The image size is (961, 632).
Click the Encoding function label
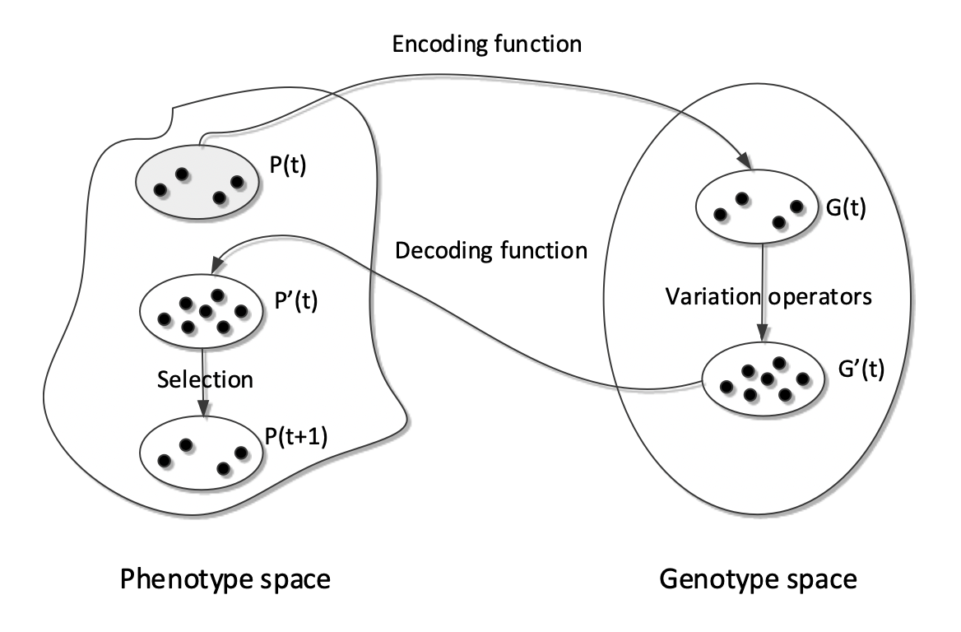[486, 44]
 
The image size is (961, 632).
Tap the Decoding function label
[492, 250]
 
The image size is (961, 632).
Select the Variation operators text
[768, 296]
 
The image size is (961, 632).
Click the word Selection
[204, 379]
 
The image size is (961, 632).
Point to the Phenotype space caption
[225, 580]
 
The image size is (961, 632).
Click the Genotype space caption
[758, 580]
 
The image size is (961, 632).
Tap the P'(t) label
[293, 300]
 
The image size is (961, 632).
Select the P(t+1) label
[295, 436]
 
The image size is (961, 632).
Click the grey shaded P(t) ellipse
[198, 184]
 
